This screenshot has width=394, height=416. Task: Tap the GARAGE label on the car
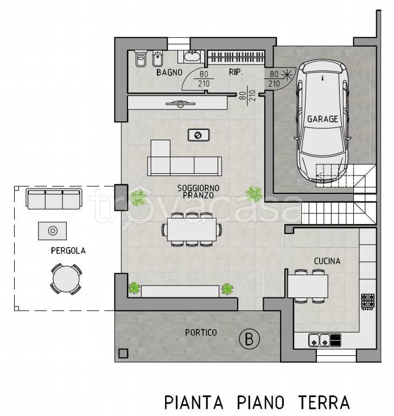[x=322, y=119]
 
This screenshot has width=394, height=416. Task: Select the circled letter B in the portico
[x=249, y=340]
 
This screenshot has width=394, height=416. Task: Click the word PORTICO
[x=200, y=332]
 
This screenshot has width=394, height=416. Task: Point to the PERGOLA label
[x=68, y=251]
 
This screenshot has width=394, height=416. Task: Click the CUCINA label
[x=327, y=261]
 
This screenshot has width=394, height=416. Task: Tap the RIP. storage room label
[x=236, y=71]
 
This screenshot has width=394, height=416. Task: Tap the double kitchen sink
[x=319, y=340]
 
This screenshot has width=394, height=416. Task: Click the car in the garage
[x=322, y=125]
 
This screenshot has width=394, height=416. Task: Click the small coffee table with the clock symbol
[x=198, y=135]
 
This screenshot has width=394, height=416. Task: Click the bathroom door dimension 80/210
[x=204, y=79]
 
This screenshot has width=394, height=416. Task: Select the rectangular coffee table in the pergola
[x=53, y=231]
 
